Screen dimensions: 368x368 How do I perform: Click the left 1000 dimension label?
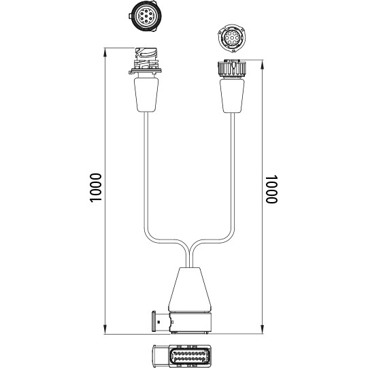coord(95,188)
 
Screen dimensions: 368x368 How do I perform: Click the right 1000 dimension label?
coord(271,189)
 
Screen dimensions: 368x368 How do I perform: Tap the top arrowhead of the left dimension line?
coord(105,52)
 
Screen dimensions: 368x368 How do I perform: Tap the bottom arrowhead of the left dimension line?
coord(105,329)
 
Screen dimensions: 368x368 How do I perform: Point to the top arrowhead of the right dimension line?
coord(263,65)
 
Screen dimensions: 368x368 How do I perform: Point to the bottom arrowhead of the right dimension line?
coord(263,329)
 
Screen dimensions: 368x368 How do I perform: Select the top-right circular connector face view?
coord(232,38)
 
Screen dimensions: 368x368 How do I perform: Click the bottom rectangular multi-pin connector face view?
coord(182,356)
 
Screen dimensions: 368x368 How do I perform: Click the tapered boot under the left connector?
coord(146,95)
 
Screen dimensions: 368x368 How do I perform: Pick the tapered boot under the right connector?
coord(232,96)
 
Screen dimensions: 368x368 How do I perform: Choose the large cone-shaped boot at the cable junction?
coord(190,290)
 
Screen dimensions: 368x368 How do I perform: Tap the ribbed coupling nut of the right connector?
coord(232,68)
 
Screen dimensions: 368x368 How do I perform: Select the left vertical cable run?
coord(146,171)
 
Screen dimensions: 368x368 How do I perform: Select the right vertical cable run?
coord(233,171)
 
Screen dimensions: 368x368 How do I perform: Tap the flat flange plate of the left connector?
coord(145,71)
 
